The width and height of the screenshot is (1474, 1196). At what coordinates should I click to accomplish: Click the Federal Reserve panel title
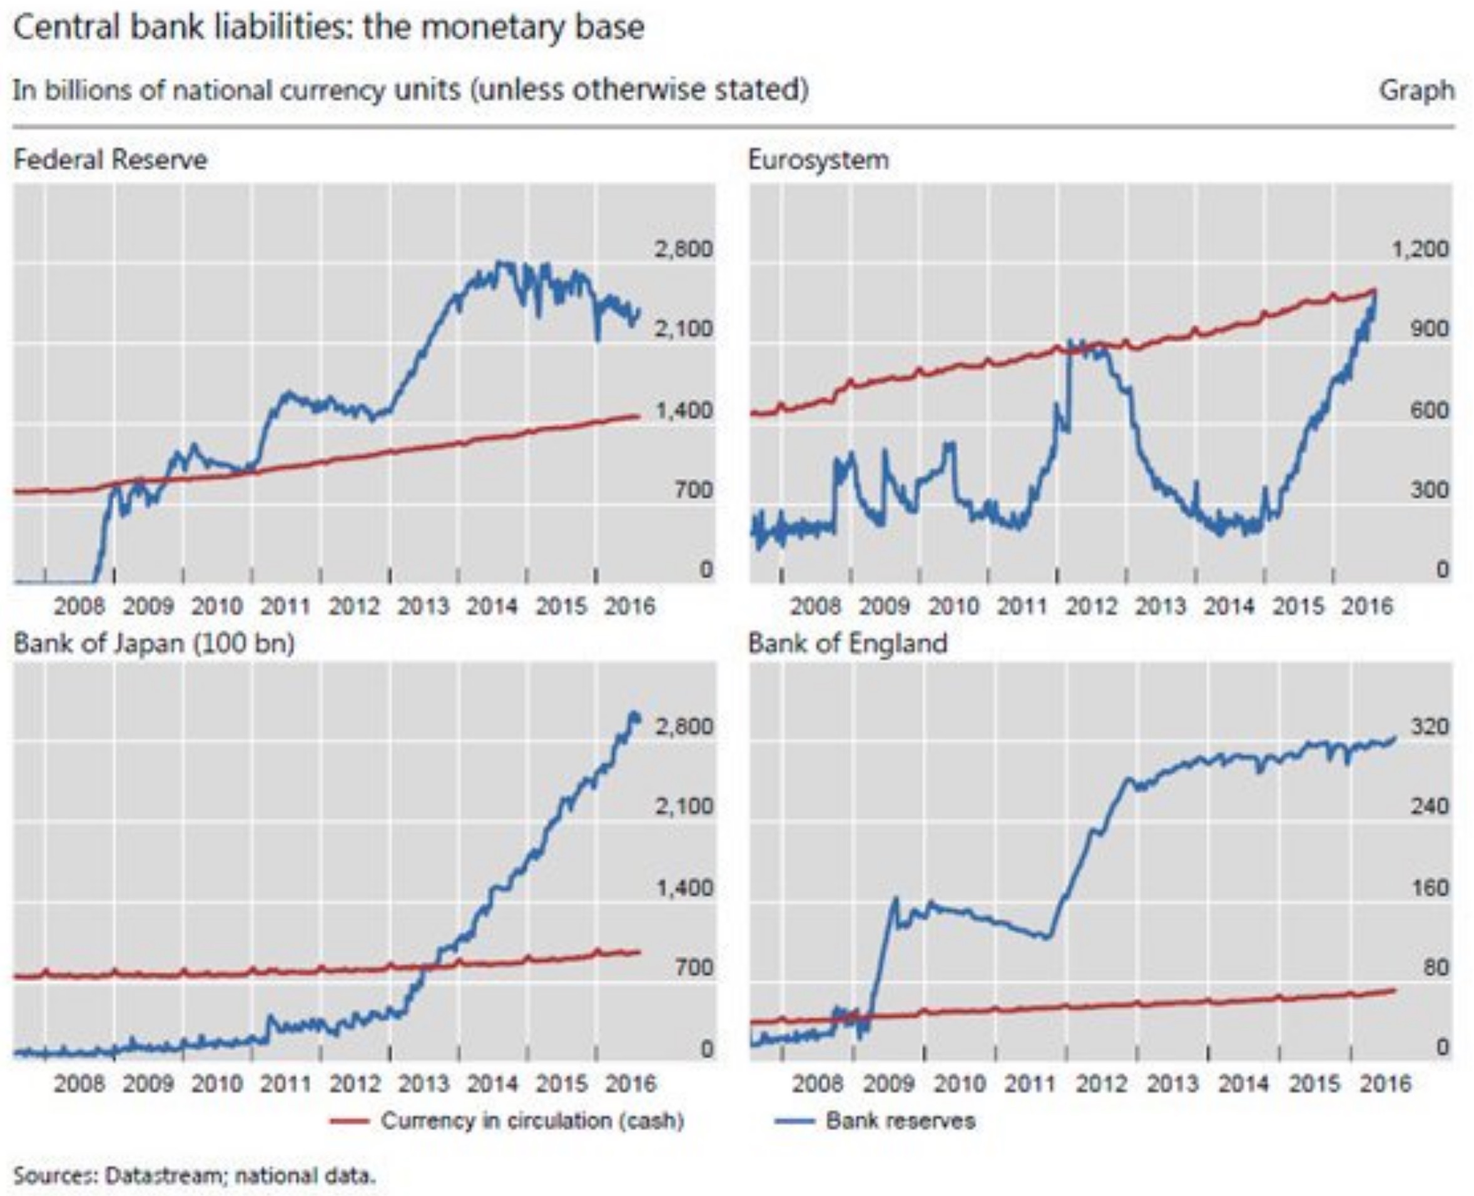click(110, 161)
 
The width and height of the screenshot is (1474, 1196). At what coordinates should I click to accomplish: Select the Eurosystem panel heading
click(819, 161)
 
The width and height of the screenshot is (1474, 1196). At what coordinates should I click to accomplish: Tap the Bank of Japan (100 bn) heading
click(154, 644)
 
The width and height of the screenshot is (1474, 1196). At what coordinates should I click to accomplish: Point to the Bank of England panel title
click(848, 644)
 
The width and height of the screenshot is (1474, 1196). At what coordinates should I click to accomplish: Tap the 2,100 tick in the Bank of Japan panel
click(683, 806)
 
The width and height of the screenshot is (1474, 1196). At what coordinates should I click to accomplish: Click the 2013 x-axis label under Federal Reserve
click(423, 606)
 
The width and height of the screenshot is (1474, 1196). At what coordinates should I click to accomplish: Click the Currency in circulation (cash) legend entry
click(532, 1121)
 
